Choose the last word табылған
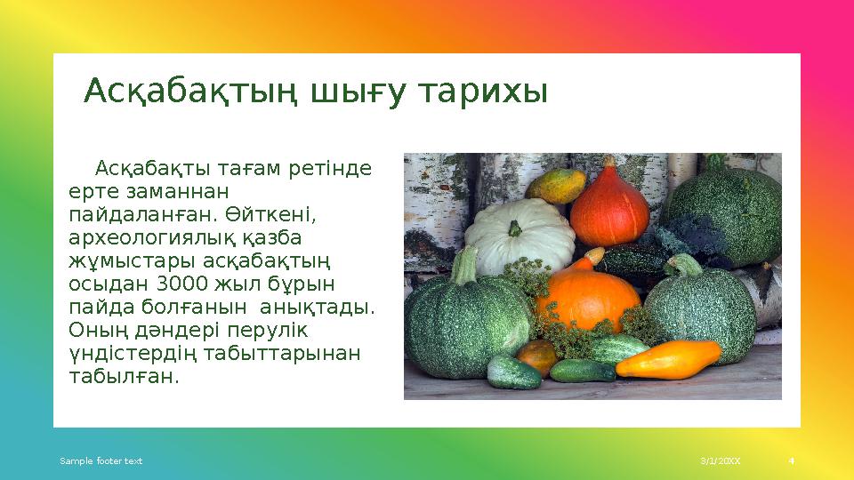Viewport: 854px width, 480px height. click(123, 376)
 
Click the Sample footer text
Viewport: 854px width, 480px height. click(101, 461)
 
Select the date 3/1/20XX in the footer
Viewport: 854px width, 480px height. click(720, 461)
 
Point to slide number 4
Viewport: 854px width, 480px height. click(791, 461)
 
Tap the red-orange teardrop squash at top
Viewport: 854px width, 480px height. click(609, 207)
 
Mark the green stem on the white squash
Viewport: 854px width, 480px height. click(514, 232)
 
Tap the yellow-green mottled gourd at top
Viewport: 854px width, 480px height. click(556, 186)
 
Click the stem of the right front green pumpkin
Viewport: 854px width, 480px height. click(685, 265)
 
